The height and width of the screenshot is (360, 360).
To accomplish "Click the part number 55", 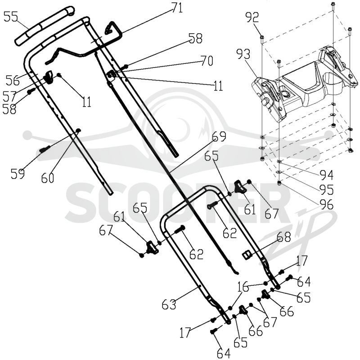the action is tap(11, 17).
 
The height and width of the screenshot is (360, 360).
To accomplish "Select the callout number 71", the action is tap(177, 8).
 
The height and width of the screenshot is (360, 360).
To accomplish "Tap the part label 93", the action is tap(243, 54).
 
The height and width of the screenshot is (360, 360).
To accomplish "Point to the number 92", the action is tap(252, 17).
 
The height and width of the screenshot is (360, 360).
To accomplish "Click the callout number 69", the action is tap(219, 136).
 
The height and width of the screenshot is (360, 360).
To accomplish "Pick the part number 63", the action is tap(169, 305).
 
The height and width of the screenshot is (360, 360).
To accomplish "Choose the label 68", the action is tap(284, 237).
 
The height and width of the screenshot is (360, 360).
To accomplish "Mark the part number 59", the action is tap(18, 174).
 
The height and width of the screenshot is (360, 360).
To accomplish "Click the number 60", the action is tap(48, 178).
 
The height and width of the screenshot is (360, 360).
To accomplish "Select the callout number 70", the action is tap(207, 61).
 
